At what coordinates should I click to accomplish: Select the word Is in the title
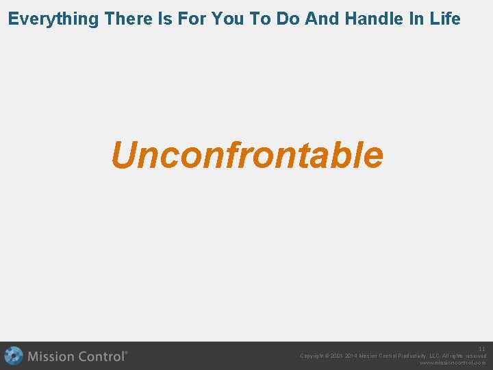click(166, 18)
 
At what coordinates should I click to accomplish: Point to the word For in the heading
click(194, 18)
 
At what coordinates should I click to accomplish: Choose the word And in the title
click(322, 18)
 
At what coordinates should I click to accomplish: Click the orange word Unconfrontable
click(246, 155)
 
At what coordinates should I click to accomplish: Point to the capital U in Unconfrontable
click(123, 155)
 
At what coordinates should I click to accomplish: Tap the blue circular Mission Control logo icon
click(13, 356)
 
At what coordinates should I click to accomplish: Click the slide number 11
click(482, 349)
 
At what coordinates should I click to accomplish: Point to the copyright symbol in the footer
click(329, 356)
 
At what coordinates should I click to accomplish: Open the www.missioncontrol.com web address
click(453, 363)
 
